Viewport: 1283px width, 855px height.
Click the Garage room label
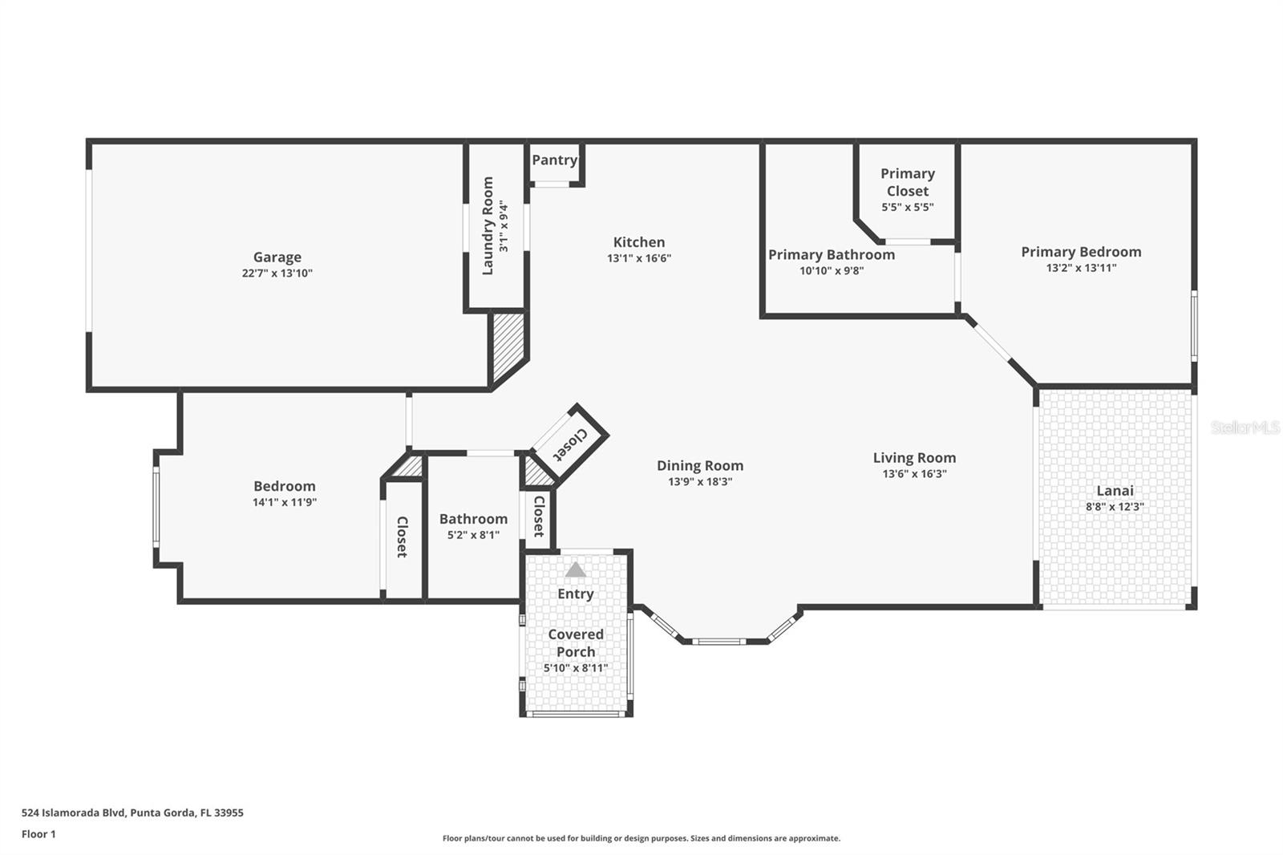pyautogui.click(x=277, y=257)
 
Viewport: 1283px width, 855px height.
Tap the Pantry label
pyautogui.click(x=554, y=160)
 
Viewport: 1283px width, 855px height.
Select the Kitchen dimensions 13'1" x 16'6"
pyautogui.click(x=639, y=258)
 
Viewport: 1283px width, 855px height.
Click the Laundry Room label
pyautogui.click(x=488, y=226)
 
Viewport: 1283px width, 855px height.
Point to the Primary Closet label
pyautogui.click(x=908, y=182)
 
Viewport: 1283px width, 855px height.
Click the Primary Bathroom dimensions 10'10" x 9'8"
pyautogui.click(x=832, y=270)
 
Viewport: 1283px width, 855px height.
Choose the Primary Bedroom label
pyautogui.click(x=1081, y=252)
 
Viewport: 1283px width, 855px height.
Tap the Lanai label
pyautogui.click(x=1115, y=491)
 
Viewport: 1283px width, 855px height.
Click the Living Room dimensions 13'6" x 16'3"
pyautogui.click(x=914, y=474)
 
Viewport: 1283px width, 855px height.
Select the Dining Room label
pyautogui.click(x=700, y=465)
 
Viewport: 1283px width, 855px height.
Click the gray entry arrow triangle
pyautogui.click(x=575, y=570)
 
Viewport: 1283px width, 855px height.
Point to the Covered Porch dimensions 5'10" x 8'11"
pyautogui.click(x=576, y=668)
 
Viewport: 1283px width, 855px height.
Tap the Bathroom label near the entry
pyautogui.click(x=473, y=519)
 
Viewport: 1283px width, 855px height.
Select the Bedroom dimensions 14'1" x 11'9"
pyautogui.click(x=285, y=502)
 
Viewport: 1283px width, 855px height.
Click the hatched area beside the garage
pyautogui.click(x=508, y=346)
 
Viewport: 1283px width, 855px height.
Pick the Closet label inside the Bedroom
pyautogui.click(x=402, y=537)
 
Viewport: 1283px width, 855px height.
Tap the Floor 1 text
pyautogui.click(x=38, y=834)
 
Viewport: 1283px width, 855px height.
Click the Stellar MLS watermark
pyautogui.click(x=1245, y=428)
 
